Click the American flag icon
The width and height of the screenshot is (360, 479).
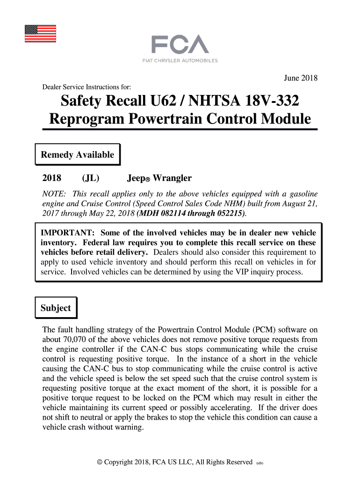40,33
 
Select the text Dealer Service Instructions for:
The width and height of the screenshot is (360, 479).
86,87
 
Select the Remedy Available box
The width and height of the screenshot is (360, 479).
78,155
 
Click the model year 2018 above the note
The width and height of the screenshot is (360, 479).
52,178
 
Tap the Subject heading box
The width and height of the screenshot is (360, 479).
56,308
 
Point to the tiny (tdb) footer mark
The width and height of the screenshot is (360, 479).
260,464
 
